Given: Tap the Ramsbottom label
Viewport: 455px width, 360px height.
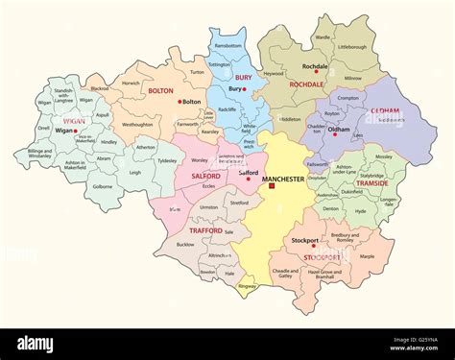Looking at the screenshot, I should tap(228, 45).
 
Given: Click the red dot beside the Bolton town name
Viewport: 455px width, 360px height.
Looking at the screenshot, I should tap(179, 101).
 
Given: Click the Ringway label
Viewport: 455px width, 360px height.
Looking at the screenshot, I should tap(248, 285).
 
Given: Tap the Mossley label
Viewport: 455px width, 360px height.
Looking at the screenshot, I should tap(385, 156).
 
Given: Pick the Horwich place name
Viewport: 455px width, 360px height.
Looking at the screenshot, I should tap(130, 83).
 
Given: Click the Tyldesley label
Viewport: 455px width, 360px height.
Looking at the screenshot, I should tap(167, 160).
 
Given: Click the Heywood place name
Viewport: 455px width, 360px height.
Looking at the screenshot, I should tap(274, 73).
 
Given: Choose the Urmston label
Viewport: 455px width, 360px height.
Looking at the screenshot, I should tap(210, 204).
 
